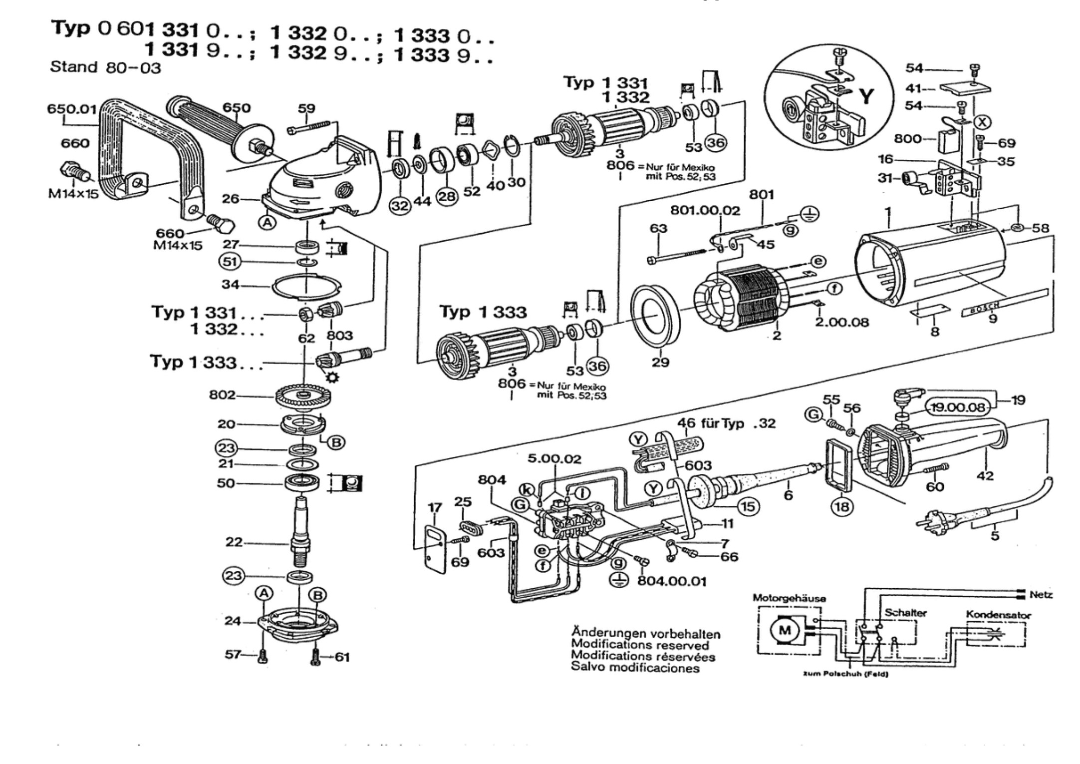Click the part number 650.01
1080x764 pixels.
[72, 109]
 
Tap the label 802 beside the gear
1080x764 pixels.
[222, 395]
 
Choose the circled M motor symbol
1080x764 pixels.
[785, 630]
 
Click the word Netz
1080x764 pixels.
[1041, 595]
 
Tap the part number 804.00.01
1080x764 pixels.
[672, 581]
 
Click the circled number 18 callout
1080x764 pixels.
[842, 507]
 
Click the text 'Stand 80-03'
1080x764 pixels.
[105, 67]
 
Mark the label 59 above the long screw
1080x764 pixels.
[307, 108]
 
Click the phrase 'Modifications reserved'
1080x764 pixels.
[640, 645]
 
